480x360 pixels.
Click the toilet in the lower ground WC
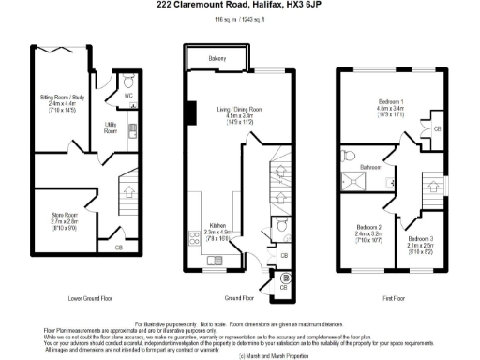[x=129, y=82]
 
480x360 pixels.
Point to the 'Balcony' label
[x=217, y=60]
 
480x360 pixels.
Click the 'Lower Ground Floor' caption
[x=91, y=298]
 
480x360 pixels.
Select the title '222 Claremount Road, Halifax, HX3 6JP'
[x=240, y=6]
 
